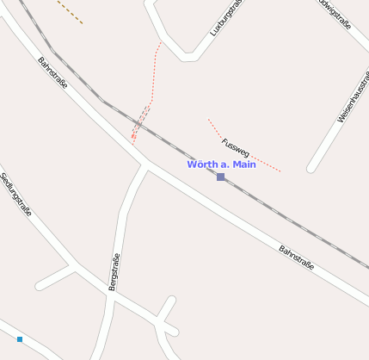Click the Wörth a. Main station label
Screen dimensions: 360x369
[221, 164]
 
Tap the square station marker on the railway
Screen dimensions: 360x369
[221, 177]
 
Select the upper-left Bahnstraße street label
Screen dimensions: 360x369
[52, 72]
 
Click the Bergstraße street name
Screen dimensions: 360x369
[114, 271]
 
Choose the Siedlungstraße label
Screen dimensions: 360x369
[16, 194]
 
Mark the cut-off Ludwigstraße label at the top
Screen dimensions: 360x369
[335, 13]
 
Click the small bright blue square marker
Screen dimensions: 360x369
[20, 339]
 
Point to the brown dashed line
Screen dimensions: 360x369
[70, 11]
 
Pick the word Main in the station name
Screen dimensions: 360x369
[243, 164]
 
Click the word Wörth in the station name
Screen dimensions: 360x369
[203, 164]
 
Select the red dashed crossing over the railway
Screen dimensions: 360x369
[140, 123]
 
